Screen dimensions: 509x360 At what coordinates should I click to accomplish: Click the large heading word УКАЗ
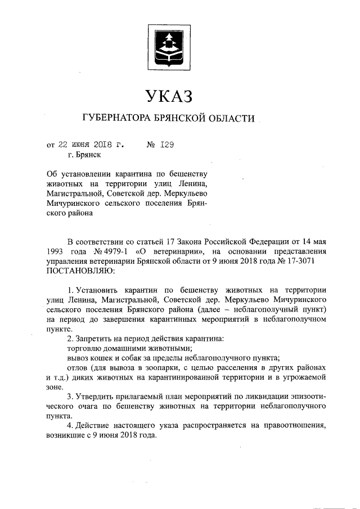click(x=169, y=96)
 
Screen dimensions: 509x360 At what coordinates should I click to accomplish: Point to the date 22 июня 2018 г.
click(x=85, y=144)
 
